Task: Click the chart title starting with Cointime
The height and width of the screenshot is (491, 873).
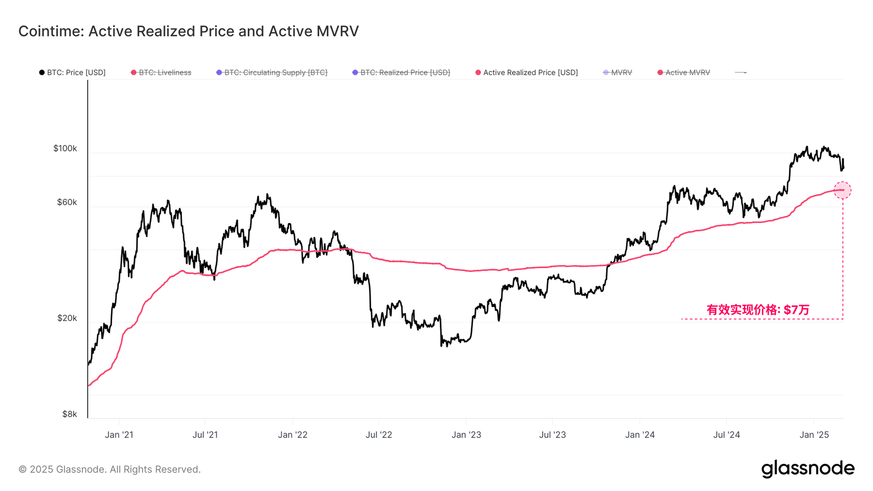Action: [x=188, y=31]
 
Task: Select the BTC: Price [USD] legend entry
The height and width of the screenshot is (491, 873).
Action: [x=72, y=72]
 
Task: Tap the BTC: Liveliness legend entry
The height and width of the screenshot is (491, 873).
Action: [x=161, y=72]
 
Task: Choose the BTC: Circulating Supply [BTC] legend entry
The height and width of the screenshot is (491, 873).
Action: [x=272, y=72]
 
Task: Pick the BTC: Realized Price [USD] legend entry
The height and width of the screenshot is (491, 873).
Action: [x=401, y=72]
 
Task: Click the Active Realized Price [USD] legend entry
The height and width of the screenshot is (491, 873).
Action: [x=526, y=72]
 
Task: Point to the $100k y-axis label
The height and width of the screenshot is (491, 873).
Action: [x=65, y=148]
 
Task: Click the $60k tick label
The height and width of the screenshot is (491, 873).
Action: [x=67, y=202]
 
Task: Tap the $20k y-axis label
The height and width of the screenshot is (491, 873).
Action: [x=67, y=318]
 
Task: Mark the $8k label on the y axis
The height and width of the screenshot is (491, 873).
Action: [x=69, y=414]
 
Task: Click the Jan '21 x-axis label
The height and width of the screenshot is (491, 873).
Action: [x=119, y=435]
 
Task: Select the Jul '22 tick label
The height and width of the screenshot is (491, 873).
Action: [x=379, y=435]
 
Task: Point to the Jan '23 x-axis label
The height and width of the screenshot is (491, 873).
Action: [x=466, y=435]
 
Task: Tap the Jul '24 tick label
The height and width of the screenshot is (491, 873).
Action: [x=726, y=435]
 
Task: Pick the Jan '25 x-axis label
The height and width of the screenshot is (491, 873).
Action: [x=814, y=435]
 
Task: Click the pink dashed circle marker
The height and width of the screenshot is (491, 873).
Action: [x=842, y=190]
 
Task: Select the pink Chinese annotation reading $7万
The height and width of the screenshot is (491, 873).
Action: [x=758, y=310]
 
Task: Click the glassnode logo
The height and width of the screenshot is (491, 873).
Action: [x=808, y=469]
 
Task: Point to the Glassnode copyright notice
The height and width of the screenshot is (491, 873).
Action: [x=110, y=469]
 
